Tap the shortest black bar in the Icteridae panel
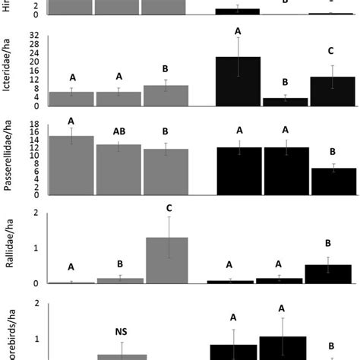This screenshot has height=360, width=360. point(285,102)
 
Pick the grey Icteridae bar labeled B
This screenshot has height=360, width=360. point(166,95)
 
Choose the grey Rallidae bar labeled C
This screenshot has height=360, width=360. point(166,261)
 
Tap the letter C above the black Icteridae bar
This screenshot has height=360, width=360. point(331,52)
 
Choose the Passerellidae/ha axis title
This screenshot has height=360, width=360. point(9,157)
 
